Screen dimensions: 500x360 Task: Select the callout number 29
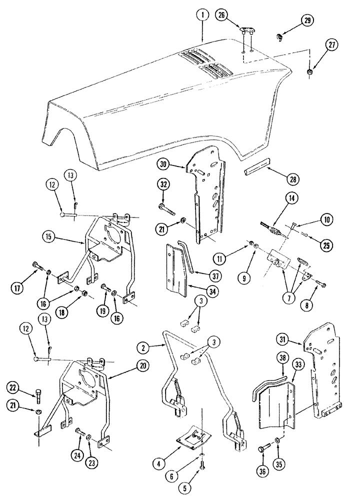pyautogui.click(x=306, y=21)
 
